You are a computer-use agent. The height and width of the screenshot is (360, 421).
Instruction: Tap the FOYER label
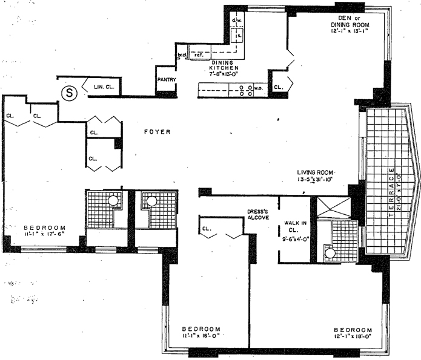(x=156, y=132)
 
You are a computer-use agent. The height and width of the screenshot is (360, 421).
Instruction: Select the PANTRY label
(x=166, y=79)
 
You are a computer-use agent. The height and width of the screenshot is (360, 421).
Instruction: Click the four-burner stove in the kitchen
(x=246, y=90)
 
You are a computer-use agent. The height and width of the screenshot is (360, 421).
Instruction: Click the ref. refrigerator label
(x=198, y=54)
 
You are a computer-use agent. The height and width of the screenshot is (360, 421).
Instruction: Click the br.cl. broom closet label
(x=181, y=55)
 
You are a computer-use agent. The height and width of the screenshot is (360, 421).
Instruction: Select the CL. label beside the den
(x=278, y=87)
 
